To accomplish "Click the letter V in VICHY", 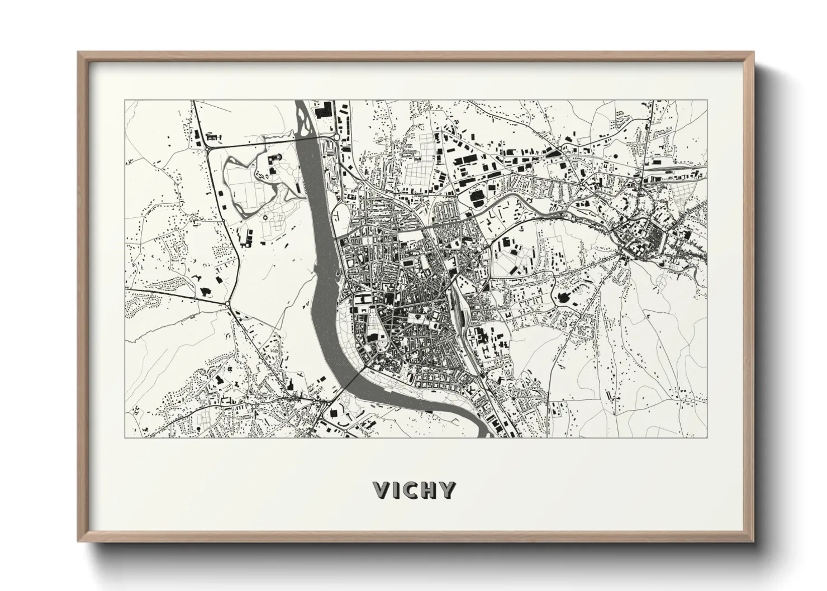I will pos(383,489).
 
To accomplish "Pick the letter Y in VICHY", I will pos(448,489).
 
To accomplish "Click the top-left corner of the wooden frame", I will pos(78,52).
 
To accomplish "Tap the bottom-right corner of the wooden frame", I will pos(753,542).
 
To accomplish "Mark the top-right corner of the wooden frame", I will pos(753,52).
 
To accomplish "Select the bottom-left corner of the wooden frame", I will pos(78,542).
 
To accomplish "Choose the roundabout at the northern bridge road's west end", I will pos(208,148).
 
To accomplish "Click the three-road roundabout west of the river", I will pos(228,304).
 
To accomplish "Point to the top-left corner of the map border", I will pos(125,101).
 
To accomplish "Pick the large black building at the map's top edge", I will pos(323,109).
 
